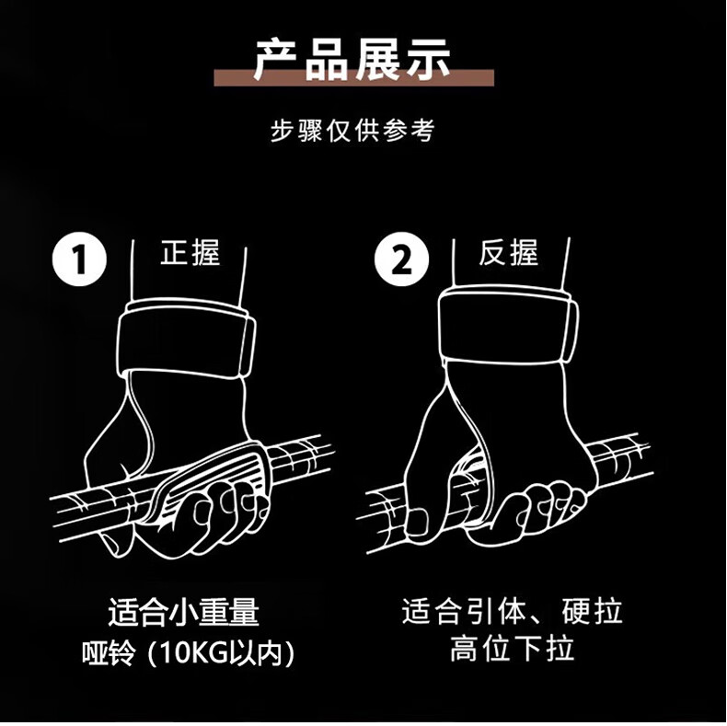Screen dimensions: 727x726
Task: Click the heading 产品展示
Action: (x=352, y=59)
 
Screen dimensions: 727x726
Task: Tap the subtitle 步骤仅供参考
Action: (x=352, y=131)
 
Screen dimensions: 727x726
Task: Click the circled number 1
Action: (x=79, y=259)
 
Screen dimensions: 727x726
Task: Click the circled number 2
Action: (x=401, y=259)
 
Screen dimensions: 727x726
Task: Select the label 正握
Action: (x=190, y=252)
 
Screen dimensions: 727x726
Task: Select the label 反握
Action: (x=509, y=252)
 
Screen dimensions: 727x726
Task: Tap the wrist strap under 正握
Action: (x=187, y=339)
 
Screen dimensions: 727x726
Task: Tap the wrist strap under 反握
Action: (x=508, y=325)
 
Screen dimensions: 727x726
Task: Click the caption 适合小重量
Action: (x=184, y=612)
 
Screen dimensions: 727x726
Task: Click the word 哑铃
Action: (x=109, y=653)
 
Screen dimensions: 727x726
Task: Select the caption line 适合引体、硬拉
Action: (x=512, y=611)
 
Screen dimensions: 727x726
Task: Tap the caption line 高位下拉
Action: (x=512, y=648)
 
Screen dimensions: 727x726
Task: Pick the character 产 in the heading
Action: (x=278, y=59)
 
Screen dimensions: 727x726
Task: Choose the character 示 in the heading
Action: (x=428, y=59)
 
